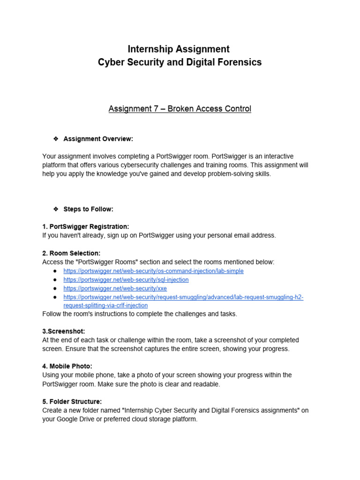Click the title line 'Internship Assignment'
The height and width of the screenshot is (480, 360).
180,49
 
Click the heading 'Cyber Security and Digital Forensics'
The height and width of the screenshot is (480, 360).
180,62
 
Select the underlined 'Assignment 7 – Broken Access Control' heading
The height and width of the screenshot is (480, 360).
180,109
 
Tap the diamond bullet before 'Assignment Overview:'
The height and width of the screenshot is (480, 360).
56,139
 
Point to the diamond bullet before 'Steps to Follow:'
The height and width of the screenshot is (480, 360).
56,209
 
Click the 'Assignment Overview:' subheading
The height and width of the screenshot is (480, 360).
98,139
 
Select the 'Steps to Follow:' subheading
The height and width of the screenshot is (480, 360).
88,209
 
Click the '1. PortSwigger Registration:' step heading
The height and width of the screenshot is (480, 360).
85,226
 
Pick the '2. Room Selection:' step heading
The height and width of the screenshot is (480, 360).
71,253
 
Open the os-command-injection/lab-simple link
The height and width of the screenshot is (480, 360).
153,271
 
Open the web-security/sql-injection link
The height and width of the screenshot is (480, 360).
126,280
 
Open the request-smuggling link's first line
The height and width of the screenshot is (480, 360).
183,297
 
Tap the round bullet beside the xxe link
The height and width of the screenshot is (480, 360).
55,288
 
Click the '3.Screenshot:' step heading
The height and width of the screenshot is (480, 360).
63,331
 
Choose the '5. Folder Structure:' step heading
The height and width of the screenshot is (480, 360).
72,401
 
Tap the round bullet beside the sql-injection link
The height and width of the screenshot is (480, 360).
55,280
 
